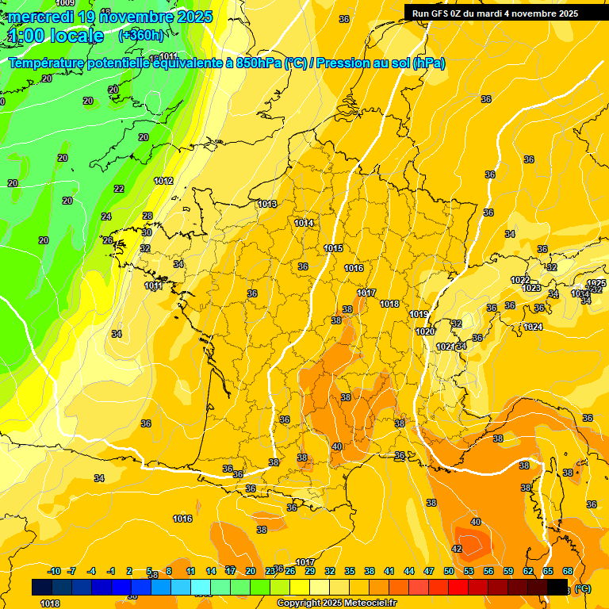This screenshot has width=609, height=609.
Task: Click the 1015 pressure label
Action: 333,248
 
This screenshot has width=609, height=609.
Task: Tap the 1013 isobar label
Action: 267,204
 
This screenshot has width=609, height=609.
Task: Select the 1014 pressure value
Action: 304,223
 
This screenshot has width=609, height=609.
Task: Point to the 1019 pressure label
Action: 419,315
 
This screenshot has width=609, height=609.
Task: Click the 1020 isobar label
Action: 425,331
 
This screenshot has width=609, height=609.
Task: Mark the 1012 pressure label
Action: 163,181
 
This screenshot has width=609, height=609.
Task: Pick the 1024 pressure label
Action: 533,327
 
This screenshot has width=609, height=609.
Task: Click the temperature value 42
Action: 457,549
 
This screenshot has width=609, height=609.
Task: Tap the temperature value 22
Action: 119,189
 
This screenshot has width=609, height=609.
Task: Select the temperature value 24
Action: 106,216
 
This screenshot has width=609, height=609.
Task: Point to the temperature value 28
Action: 147,216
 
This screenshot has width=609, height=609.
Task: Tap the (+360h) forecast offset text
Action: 141,36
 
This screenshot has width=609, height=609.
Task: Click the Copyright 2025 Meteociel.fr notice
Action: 336,603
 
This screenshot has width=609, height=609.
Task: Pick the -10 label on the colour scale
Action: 54,571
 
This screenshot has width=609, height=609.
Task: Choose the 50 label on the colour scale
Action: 449,571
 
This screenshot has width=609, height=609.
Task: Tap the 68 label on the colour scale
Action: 568,571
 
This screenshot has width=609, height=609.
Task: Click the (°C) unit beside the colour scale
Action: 583,588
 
